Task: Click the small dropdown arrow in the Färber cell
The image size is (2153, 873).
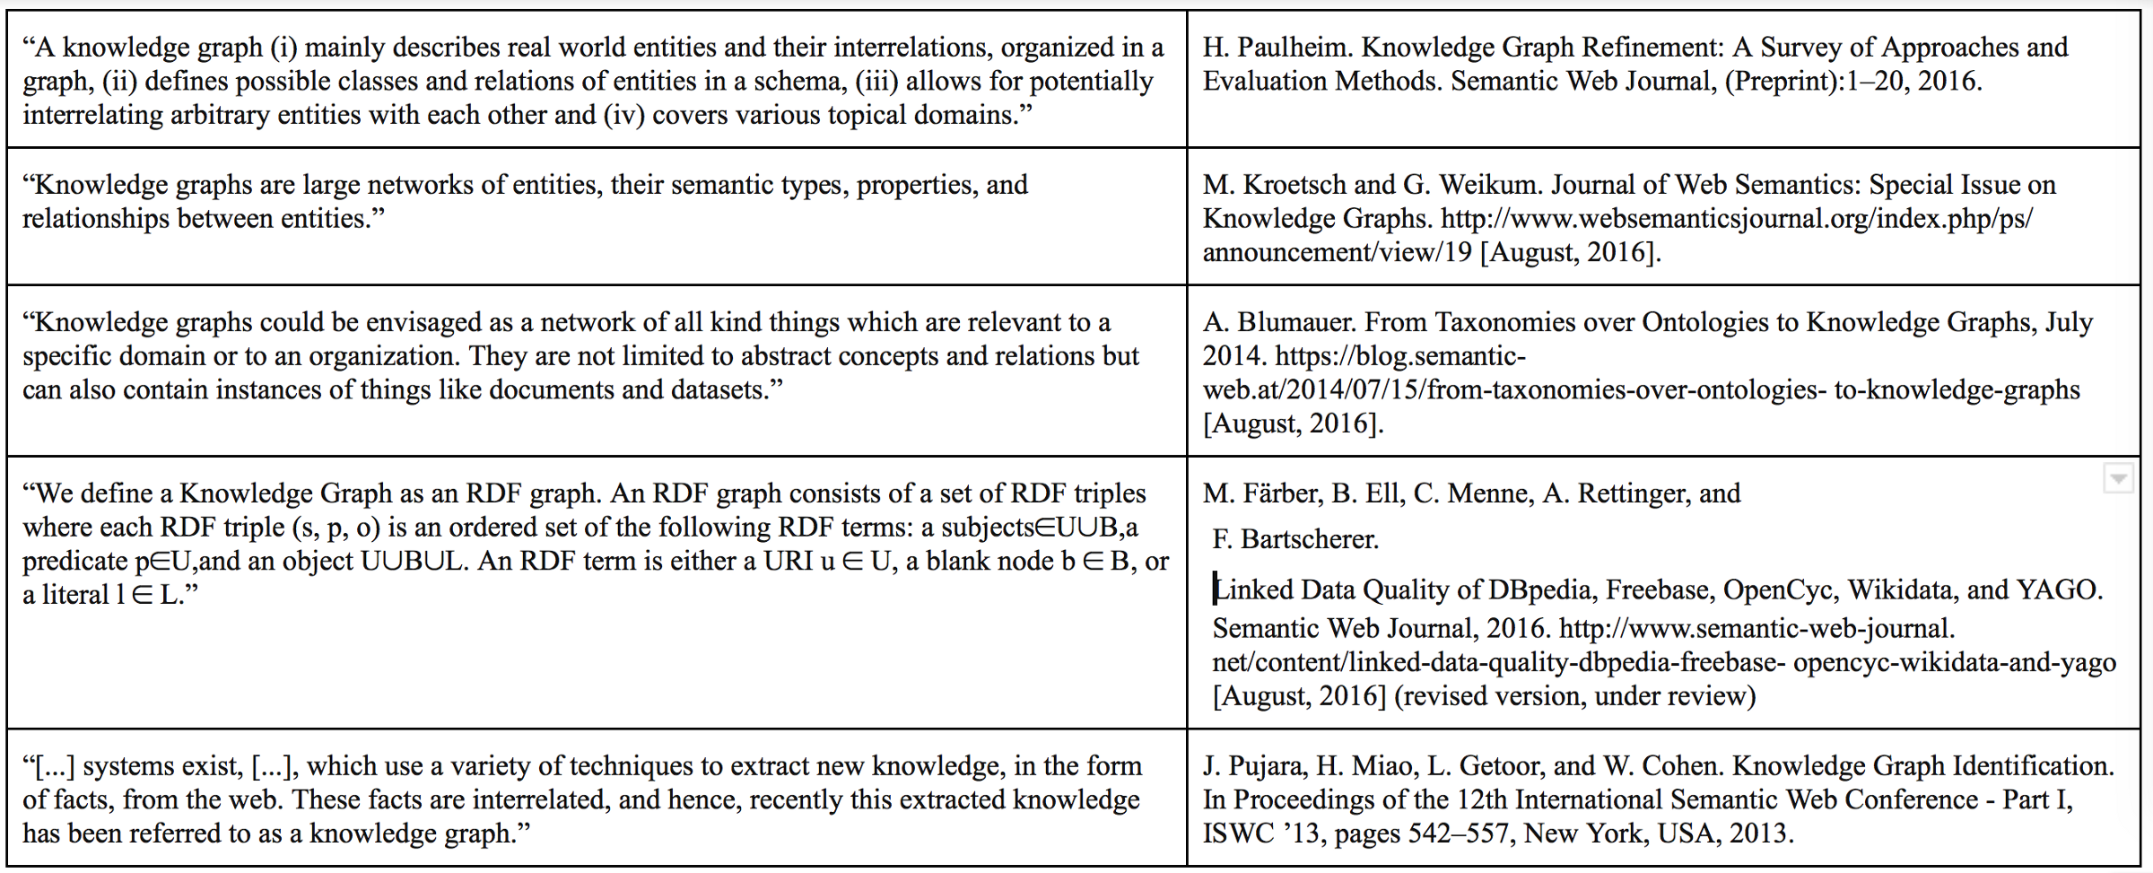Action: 2117,479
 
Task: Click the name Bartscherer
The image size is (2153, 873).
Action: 1310,540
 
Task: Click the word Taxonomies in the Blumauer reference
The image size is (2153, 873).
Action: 1507,323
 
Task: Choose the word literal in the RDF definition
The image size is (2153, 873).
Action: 75,596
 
